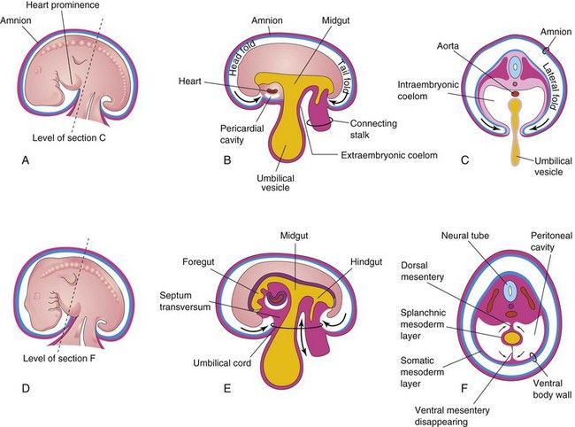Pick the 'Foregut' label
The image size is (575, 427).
tap(231, 261)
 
